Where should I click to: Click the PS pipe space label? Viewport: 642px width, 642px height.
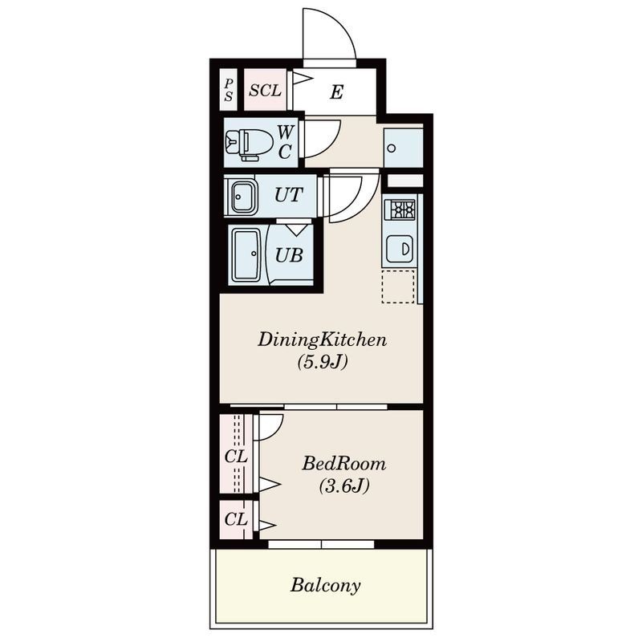pyautogui.click(x=229, y=90)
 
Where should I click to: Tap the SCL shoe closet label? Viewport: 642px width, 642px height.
pyautogui.click(x=266, y=91)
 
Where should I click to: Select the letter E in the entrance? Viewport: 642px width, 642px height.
pyautogui.click(x=336, y=92)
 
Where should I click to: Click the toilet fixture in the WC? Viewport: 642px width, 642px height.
pyautogui.click(x=249, y=144)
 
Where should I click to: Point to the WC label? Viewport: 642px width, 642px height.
pyautogui.click(x=286, y=142)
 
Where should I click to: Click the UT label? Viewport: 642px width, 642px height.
pyautogui.click(x=289, y=195)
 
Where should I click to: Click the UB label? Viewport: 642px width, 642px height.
pyautogui.click(x=289, y=255)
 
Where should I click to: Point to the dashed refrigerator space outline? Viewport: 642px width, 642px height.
pyautogui.click(x=398, y=286)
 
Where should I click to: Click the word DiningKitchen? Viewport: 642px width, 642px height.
pyautogui.click(x=323, y=340)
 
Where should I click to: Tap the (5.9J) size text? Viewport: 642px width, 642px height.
pyautogui.click(x=323, y=362)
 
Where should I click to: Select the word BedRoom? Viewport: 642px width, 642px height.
pyautogui.click(x=344, y=464)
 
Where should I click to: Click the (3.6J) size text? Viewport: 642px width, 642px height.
pyautogui.click(x=344, y=486)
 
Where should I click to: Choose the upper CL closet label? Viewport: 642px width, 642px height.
pyautogui.click(x=236, y=457)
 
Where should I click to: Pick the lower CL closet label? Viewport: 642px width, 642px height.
pyautogui.click(x=236, y=519)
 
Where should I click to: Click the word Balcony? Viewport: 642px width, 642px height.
pyautogui.click(x=326, y=586)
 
